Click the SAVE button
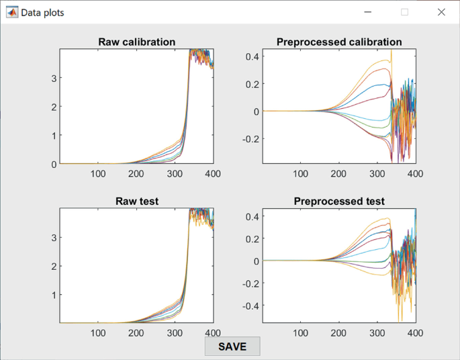point(232,347)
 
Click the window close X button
point(441,12)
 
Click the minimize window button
point(368,12)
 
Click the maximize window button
point(404,12)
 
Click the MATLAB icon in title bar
point(11,12)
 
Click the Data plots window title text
point(42,12)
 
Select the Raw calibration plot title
point(137,42)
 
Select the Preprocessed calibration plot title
point(339,42)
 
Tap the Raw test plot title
point(137,201)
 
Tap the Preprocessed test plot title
point(339,201)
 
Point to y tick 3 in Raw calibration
point(54,78)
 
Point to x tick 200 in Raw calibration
point(136,173)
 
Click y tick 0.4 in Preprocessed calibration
point(252,56)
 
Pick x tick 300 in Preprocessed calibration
point(377,173)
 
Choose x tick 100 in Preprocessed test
point(301,332)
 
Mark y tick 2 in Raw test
point(54,266)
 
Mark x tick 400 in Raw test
point(212,332)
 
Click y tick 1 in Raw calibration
point(54,135)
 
